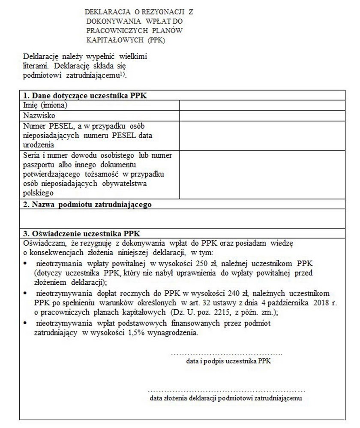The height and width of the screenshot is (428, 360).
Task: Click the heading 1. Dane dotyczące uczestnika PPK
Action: pos(85,95)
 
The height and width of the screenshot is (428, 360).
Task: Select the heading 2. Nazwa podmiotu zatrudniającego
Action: pos(87,205)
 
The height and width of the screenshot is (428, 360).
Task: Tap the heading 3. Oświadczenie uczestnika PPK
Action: pos(81,234)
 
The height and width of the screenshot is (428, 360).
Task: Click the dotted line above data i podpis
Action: pos(227,354)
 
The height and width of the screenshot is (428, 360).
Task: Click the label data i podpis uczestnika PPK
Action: pos(228,362)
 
